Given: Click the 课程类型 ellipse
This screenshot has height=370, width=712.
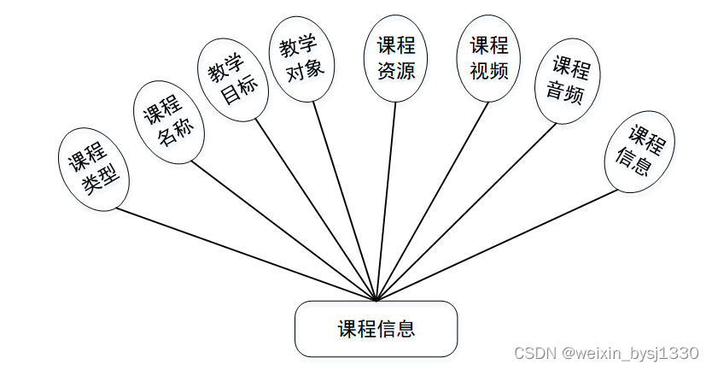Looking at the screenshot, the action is (94, 168).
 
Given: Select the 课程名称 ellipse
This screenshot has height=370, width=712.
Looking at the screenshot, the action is (169, 122).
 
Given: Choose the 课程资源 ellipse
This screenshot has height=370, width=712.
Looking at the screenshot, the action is (395, 58).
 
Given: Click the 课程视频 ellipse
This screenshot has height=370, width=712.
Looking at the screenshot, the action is (489, 57).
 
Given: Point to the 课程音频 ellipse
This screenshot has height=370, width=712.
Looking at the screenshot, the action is (567, 79).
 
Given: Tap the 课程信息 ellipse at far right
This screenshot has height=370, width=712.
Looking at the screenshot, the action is (639, 150).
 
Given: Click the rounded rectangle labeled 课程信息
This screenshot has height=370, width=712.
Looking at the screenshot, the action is (376, 329).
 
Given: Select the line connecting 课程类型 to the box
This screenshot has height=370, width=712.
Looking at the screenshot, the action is (248, 255).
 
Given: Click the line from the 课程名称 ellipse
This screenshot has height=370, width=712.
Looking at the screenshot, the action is (285, 232).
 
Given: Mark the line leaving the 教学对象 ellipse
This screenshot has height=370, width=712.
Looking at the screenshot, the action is (345, 201).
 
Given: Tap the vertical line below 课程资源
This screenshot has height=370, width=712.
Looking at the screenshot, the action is (386, 201).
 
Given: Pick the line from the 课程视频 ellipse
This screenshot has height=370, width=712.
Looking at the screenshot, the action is (432, 201).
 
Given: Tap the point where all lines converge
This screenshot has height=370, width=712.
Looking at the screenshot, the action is (376, 301).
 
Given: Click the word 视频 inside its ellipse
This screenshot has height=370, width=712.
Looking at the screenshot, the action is (489, 69).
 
